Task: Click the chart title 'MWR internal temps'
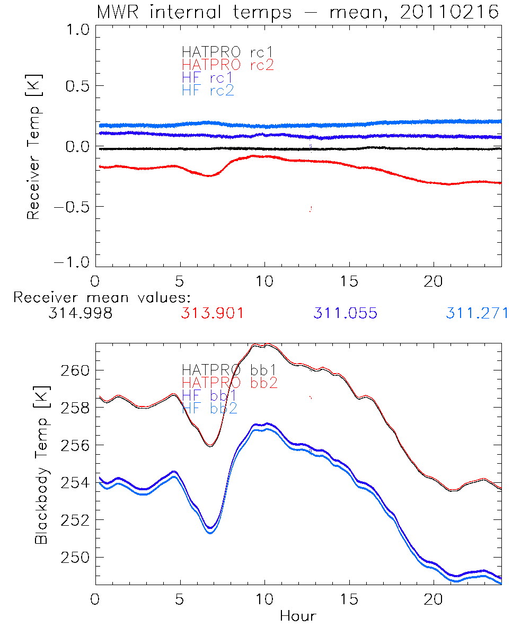click(x=193, y=12)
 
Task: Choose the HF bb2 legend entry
click(x=209, y=408)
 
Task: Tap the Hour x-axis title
click(x=298, y=616)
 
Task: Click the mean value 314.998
click(x=80, y=314)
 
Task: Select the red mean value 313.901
click(x=213, y=314)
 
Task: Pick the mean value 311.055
click(x=345, y=314)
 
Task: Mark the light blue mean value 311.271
click(x=477, y=314)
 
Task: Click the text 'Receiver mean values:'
click(x=102, y=297)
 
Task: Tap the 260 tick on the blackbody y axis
click(x=75, y=370)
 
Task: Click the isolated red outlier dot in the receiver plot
click(x=310, y=209)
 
